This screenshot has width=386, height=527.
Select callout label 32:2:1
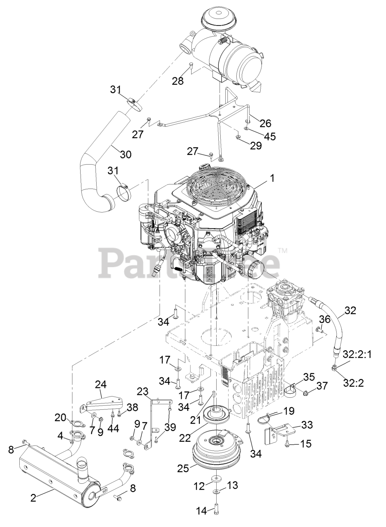tap(357, 354)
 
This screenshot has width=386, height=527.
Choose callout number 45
tap(270, 136)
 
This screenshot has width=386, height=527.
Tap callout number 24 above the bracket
tap(101, 385)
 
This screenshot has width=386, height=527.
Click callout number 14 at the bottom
tap(202, 512)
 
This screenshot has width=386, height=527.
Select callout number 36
tap(325, 319)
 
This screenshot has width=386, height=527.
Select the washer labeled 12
tap(215, 479)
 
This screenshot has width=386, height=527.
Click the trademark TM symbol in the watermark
tap(282, 250)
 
